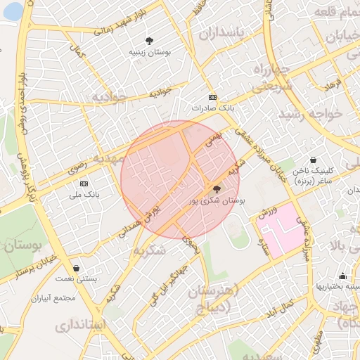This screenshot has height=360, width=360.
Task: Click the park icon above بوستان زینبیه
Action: pos(149,41)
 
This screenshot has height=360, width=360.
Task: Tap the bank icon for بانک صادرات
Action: pos(212,98)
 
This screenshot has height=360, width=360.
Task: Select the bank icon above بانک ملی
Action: pos(84,184)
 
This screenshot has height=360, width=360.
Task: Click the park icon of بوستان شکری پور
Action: pos(216,189)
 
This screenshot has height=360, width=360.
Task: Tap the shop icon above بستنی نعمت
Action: pos(76,268)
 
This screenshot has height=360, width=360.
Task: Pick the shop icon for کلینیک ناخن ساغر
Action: pos(313,160)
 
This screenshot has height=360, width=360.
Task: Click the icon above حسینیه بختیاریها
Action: pos(342,276)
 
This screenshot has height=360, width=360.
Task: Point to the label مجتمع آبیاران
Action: pos(53,297)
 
